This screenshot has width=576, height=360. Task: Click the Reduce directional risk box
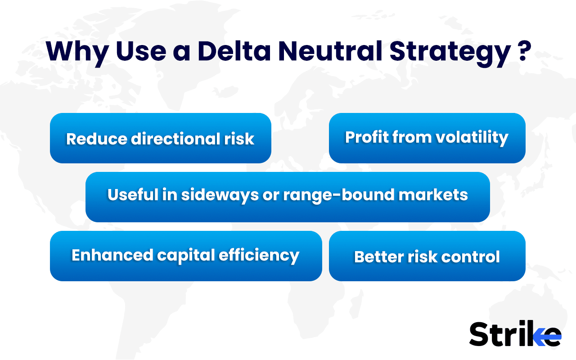[160, 138]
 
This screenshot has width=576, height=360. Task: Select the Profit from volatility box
[427, 138]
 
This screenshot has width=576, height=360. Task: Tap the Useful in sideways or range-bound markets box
[288, 197]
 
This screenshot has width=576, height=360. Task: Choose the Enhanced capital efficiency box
[185, 256]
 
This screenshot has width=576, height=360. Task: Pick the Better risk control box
[427, 256]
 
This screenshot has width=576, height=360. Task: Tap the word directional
[175, 139]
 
